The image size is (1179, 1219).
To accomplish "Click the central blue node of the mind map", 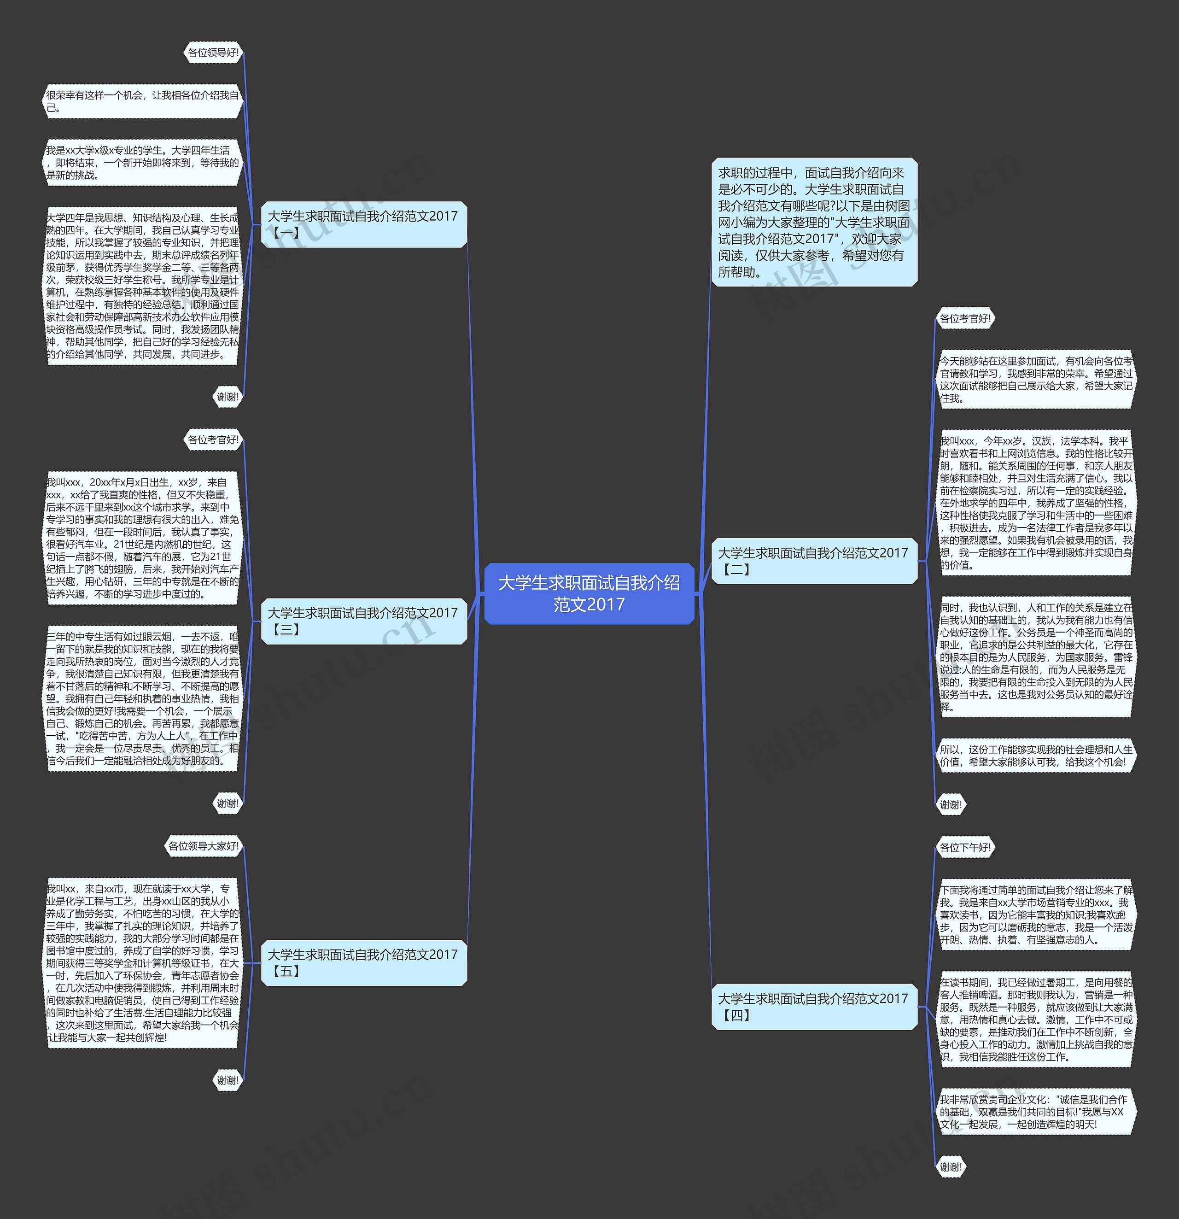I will (589, 593).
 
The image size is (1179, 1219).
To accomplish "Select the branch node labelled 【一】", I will (364, 224).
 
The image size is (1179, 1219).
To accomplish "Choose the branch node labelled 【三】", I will (364, 621).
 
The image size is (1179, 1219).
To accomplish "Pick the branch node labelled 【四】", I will (814, 1006).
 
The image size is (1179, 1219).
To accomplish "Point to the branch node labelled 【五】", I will (364, 962).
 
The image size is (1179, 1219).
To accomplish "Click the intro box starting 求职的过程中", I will (814, 222).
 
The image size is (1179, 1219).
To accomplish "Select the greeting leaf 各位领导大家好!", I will (204, 846).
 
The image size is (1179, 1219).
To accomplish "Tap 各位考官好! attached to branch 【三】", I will (213, 440).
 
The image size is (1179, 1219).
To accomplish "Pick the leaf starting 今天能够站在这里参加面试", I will (1036, 380).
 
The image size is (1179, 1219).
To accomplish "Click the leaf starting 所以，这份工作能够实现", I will (1036, 756).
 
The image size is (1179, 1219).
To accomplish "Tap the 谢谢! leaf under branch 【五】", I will (228, 1080).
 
